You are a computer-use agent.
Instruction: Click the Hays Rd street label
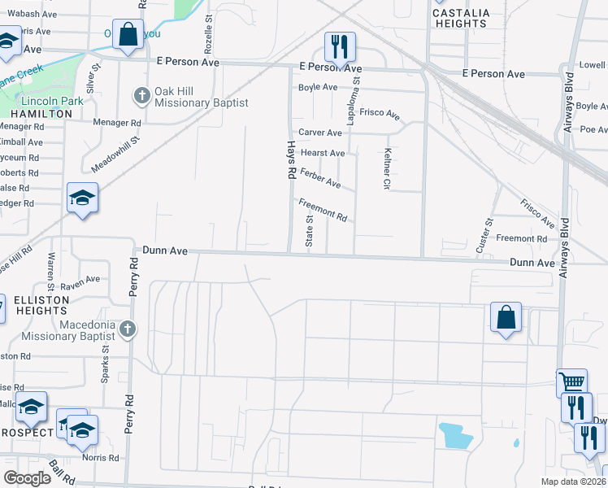289,159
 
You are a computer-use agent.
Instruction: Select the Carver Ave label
320,132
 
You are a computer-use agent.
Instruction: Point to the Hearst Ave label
323,152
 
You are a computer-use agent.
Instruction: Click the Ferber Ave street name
319,177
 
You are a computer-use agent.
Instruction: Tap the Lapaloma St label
355,91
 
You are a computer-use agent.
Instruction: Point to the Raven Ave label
79,282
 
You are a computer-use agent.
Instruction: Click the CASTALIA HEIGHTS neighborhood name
460,18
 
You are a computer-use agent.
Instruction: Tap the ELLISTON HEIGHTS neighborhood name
42,306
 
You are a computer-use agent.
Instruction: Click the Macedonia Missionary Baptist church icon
126,329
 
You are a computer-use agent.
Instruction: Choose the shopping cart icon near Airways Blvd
572,382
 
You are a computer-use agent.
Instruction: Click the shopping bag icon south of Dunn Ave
506,317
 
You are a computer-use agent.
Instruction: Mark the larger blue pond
455,437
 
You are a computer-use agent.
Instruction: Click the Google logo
28,478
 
